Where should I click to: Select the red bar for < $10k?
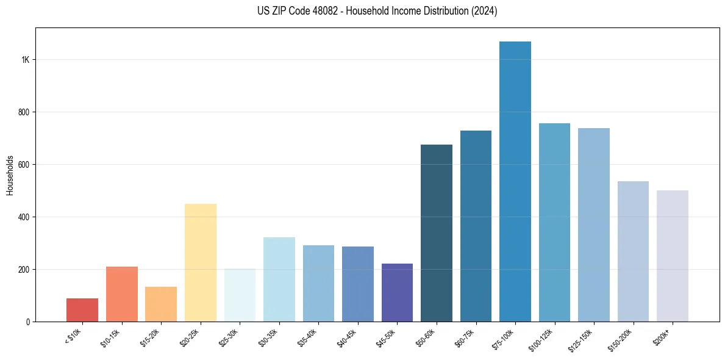(x=82, y=310)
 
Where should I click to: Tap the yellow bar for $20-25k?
(x=201, y=262)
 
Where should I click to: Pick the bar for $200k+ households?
(x=673, y=256)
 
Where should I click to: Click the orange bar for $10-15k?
(x=122, y=294)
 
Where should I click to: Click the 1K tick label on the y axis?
(x=24, y=60)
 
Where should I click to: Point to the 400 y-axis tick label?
(x=23, y=217)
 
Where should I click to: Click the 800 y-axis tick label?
(x=23, y=112)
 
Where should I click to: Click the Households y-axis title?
(x=10, y=175)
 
